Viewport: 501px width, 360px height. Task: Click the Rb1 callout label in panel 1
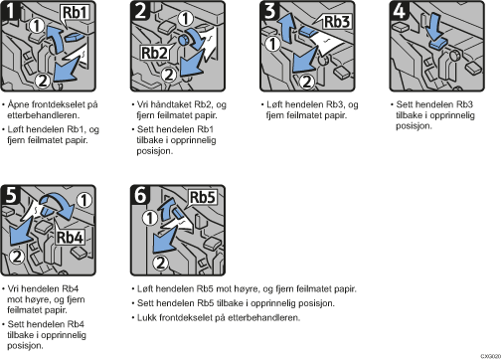[x=75, y=13]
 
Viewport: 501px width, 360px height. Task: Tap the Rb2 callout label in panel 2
[x=154, y=53]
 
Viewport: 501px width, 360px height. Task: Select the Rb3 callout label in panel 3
[x=336, y=22]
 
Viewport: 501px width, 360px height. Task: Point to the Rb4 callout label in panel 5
[x=70, y=237]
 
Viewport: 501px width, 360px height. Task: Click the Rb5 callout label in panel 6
[x=203, y=197]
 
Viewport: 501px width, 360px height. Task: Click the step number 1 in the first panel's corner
[x=10, y=10]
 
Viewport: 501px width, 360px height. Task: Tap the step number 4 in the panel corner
[x=399, y=10]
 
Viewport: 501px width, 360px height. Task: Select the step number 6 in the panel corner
[x=140, y=195]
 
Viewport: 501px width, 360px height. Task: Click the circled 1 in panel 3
[x=273, y=44]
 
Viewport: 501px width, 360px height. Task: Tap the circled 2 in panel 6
[x=160, y=263]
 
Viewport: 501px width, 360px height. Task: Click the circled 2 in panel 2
[x=169, y=75]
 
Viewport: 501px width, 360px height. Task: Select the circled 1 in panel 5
[x=84, y=200]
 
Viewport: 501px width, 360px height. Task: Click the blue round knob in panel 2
[x=183, y=40]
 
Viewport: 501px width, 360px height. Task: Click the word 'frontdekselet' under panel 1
[x=57, y=104]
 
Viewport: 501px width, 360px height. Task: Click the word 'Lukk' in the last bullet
[x=147, y=317]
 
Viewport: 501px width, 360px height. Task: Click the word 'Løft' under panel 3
[x=274, y=104]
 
